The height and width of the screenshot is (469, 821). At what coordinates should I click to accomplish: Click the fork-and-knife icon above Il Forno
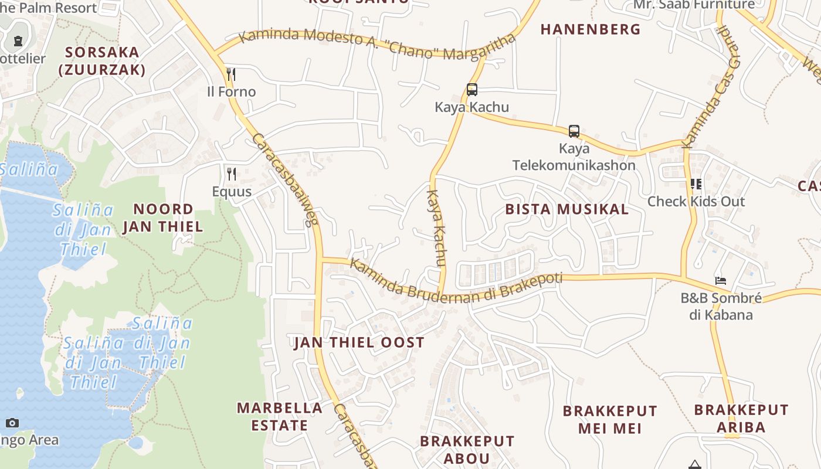[x=231, y=74]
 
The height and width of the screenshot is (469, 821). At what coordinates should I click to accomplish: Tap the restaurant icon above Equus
[x=232, y=174]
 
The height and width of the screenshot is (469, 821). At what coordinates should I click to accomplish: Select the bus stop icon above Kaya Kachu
[x=472, y=90]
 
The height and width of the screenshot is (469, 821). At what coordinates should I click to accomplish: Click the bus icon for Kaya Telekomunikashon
[x=574, y=131]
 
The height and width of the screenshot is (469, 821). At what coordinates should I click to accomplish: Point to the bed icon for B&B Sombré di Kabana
[x=721, y=281]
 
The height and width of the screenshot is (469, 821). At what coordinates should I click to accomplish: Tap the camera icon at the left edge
[x=12, y=423]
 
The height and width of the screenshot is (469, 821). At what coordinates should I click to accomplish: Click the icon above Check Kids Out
[x=696, y=184]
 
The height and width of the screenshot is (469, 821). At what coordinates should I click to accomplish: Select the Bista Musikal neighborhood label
[x=566, y=209]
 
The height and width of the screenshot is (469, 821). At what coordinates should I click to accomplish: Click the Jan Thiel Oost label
[x=359, y=343]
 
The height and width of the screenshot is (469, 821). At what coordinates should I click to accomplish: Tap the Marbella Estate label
[x=280, y=416]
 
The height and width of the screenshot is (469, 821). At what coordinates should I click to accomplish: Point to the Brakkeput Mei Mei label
[x=610, y=419]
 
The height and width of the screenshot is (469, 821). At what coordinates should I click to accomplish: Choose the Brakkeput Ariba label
[x=741, y=418]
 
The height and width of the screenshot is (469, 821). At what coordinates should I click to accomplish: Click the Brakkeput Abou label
[x=467, y=450]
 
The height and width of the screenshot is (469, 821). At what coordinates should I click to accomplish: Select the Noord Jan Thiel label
[x=163, y=217]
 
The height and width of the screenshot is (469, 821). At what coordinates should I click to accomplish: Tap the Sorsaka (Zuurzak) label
[x=102, y=61]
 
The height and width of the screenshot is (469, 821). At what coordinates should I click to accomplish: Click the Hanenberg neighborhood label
[x=591, y=29]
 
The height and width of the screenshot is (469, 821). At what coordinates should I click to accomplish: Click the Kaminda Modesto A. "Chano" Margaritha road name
[x=378, y=44]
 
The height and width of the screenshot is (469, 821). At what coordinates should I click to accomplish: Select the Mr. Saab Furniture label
[x=694, y=5]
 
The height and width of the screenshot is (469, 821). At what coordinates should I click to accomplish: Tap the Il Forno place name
[x=232, y=92]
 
